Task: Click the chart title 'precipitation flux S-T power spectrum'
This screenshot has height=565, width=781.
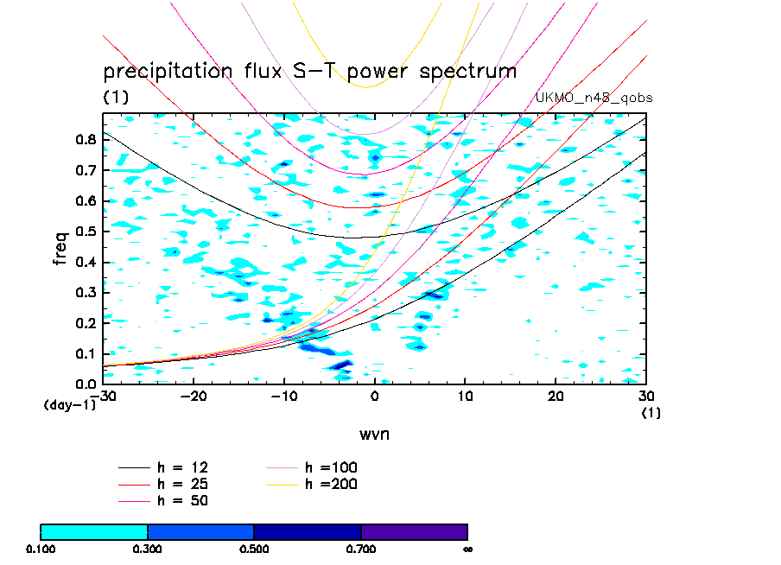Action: point(309,71)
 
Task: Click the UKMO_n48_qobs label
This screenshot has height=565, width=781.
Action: point(594,98)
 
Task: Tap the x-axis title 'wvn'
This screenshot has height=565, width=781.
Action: point(374,434)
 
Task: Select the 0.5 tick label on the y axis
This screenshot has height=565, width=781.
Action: point(84,232)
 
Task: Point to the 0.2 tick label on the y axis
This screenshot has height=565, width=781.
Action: point(84,323)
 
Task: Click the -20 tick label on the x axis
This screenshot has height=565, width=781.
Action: point(193,396)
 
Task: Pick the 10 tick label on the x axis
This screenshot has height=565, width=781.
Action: point(466,396)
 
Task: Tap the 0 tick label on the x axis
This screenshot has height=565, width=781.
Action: point(375,396)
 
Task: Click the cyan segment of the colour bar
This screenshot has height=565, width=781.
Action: point(94,531)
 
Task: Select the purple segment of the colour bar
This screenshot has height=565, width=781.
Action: point(414,531)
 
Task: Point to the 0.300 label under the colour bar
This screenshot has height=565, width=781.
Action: point(148,549)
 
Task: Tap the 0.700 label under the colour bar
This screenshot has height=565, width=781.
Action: point(361,549)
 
